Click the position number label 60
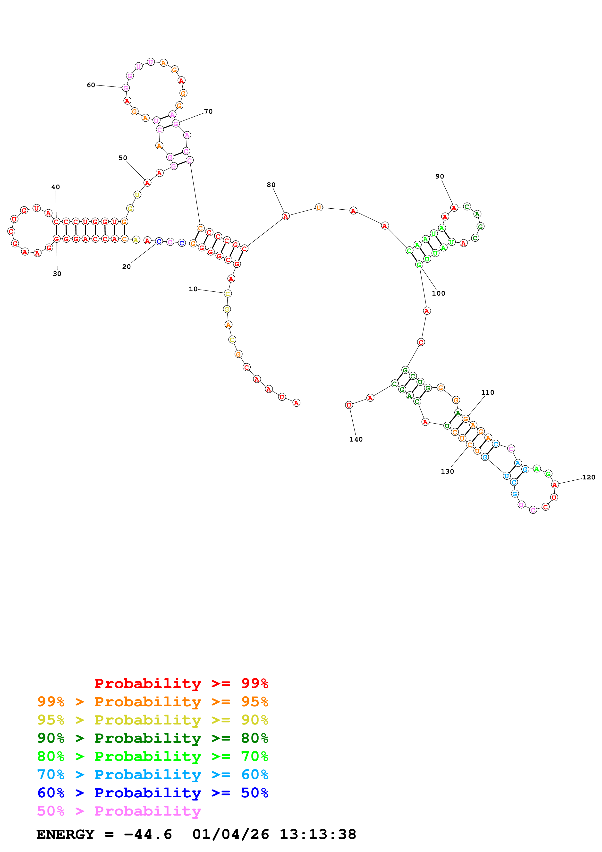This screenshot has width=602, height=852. pos(91,85)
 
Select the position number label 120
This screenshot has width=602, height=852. pos(589,477)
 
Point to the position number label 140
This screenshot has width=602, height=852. pos(356,439)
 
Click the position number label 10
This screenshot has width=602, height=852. pos(193,289)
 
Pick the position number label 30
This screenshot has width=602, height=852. pos(57,274)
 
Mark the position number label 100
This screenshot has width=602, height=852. pos(438,294)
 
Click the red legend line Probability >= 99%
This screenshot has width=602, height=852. pos(181,683)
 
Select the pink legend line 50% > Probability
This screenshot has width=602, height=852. pos(119,811)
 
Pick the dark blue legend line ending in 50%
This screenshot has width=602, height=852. pos(153,793)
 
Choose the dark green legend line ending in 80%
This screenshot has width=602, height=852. pos(153,738)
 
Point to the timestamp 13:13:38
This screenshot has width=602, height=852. pos(318,835)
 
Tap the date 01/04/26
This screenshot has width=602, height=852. pos(231,835)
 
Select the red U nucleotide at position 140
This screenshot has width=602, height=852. pos(349,405)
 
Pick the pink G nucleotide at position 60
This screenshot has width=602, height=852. pos(126,88)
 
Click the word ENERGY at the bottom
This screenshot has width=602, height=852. pos(65,835)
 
